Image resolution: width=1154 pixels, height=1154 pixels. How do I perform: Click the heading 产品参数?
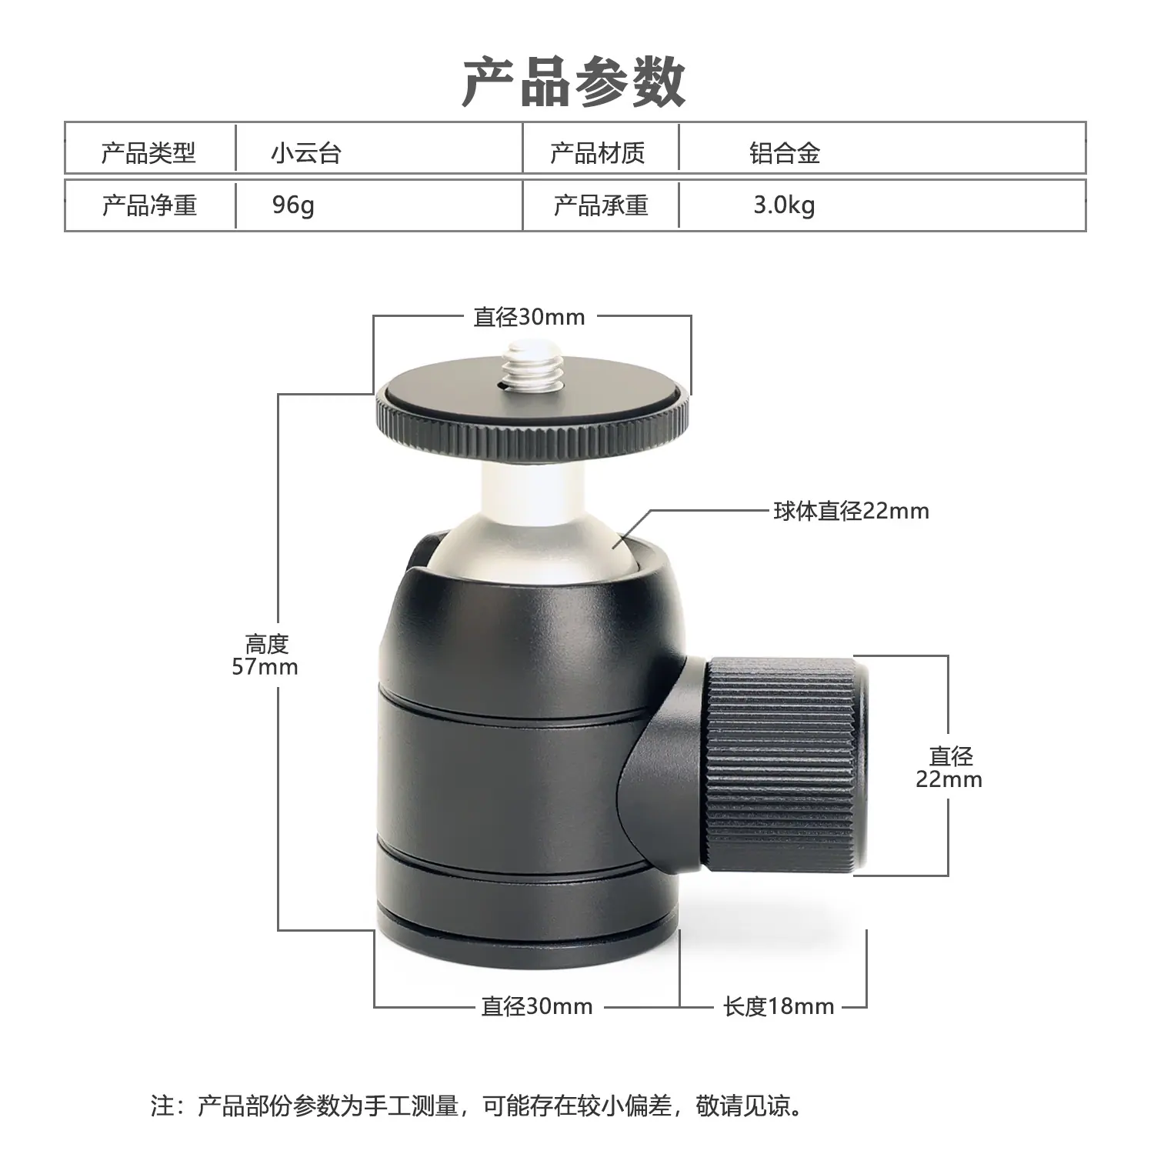tap(574, 81)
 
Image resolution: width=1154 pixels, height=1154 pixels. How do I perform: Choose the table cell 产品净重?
tap(149, 205)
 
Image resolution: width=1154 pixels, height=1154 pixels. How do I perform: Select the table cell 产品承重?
tap(601, 205)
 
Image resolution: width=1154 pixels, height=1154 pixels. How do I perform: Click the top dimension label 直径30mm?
tap(529, 317)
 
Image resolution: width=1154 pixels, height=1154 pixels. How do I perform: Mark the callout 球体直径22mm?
tap(852, 511)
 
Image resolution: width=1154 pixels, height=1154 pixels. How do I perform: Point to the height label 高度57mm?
tap(265, 655)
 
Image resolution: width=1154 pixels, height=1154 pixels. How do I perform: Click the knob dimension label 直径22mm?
tap(949, 768)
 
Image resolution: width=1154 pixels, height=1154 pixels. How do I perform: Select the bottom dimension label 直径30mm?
tap(537, 1006)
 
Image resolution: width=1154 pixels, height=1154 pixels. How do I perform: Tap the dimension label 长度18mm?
tap(779, 1006)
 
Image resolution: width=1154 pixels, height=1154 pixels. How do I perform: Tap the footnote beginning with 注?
tap(477, 1106)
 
